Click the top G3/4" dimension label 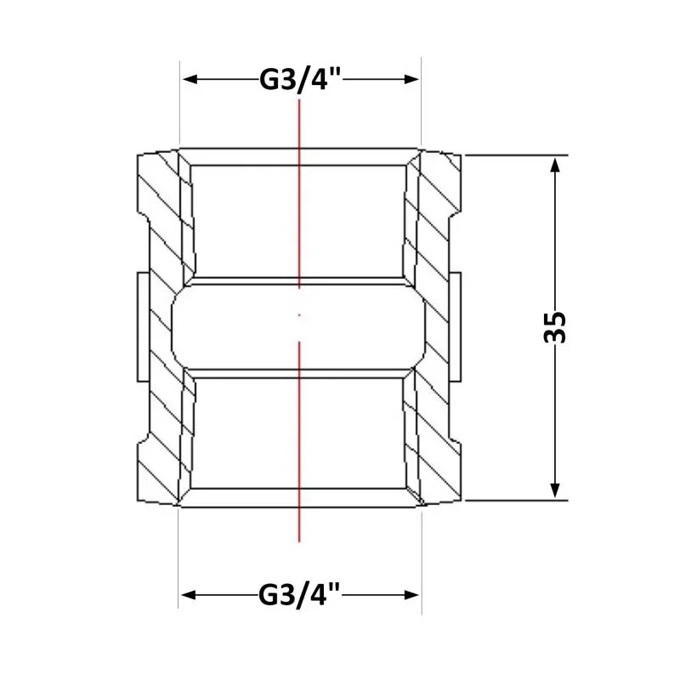(301, 80)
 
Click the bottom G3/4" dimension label (299, 595)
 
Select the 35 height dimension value (555, 327)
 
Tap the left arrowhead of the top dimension (190, 79)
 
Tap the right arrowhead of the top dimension (411, 79)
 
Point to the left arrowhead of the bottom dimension (189, 595)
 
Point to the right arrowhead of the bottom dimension (411, 595)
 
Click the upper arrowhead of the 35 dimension (555, 165)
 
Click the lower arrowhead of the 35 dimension (555, 490)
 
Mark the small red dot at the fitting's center (299, 315)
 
